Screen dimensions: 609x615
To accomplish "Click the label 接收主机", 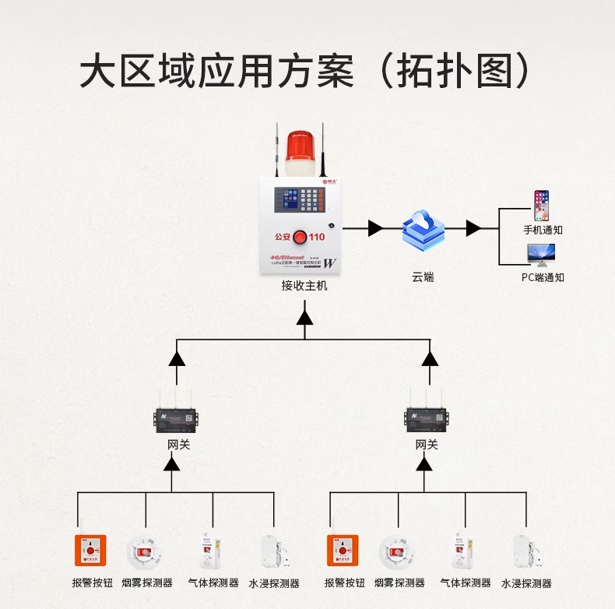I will click(x=304, y=286).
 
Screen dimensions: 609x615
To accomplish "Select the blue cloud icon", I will click(x=423, y=229).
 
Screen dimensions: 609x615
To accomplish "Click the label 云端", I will click(x=423, y=276).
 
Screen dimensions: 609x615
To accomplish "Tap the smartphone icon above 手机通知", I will click(x=541, y=206).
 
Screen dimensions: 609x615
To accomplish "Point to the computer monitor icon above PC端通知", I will click(x=541, y=255).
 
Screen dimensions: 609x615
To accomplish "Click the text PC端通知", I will click(x=543, y=276).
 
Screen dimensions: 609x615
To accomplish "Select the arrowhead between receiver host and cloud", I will click(x=375, y=228).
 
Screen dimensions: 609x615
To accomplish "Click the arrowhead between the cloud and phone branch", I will click(x=473, y=228).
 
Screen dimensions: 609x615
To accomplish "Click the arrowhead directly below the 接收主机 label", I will click(x=304, y=317).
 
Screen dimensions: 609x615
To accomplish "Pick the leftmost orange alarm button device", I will click(x=90, y=550).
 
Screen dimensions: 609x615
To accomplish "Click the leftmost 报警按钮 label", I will click(x=93, y=583).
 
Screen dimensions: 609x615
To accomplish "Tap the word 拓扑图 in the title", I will click(x=465, y=72).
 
